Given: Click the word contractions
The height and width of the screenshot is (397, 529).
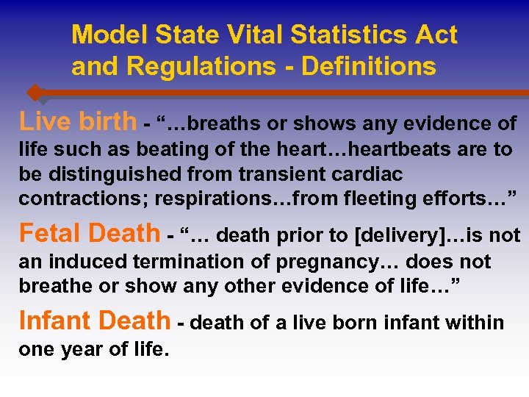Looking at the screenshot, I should point(69,198).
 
